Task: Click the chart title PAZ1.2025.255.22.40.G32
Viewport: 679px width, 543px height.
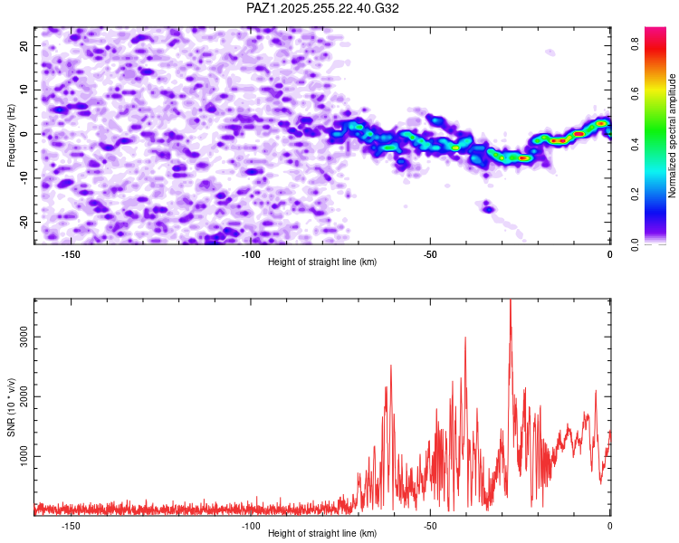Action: click(x=323, y=8)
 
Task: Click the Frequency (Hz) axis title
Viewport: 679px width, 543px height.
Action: click(x=12, y=134)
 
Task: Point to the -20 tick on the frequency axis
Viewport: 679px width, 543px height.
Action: click(x=24, y=222)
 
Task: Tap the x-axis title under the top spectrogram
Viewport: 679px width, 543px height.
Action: click(x=322, y=262)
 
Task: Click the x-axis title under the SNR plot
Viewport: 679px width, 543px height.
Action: click(x=322, y=534)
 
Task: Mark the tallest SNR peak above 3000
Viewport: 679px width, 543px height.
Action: click(x=511, y=301)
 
